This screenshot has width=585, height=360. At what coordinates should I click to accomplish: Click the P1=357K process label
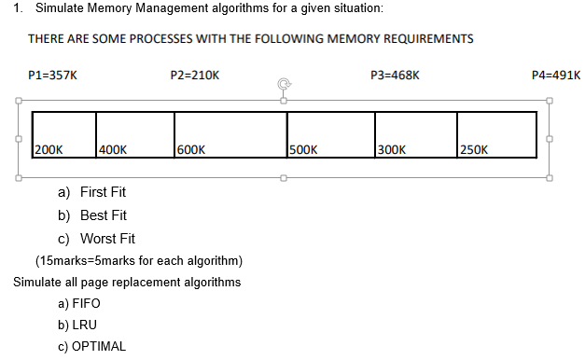click(x=52, y=74)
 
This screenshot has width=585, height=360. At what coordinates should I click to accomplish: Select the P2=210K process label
click(x=195, y=74)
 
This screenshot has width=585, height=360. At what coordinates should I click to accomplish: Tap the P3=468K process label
click(x=395, y=74)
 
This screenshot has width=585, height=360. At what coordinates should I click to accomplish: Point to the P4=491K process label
click(x=555, y=74)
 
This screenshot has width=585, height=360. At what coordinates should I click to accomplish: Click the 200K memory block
click(x=64, y=135)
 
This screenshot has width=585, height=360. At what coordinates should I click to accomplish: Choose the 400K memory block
click(x=134, y=135)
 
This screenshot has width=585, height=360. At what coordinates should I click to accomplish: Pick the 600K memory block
click(x=230, y=135)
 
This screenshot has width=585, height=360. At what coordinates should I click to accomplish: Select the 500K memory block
click(x=330, y=135)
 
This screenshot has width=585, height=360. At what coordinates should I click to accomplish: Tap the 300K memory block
click(x=416, y=135)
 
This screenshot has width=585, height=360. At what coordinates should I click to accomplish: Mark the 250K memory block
click(x=496, y=135)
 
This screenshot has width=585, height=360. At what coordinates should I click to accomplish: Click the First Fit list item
click(x=103, y=192)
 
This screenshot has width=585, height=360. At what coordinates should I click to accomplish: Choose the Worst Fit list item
click(x=107, y=239)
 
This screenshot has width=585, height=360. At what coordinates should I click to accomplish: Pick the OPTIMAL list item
click(x=98, y=346)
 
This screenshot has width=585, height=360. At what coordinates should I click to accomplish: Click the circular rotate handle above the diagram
click(x=282, y=84)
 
